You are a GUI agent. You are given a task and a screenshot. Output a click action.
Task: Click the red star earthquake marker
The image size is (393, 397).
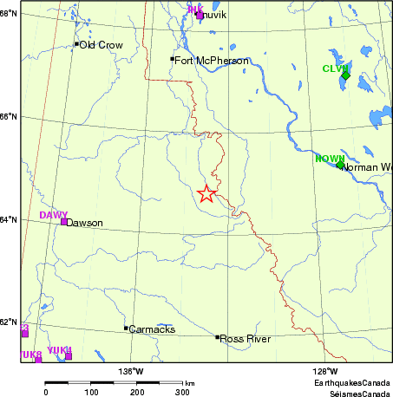coord(206,194)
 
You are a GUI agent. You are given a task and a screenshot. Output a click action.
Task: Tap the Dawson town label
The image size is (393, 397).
coord(84,223)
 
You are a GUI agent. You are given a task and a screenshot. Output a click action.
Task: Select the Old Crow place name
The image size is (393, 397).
coord(101,44)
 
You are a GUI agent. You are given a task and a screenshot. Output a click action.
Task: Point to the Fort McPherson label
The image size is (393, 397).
coord(211,61)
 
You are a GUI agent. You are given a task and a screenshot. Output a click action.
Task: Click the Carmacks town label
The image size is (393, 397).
coord(151,330)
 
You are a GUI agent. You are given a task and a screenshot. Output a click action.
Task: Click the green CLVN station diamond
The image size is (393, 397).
coord(345,75)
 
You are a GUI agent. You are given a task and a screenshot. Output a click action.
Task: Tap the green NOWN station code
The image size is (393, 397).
coord(330,157)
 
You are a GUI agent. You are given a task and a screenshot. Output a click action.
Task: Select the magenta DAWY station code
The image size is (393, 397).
coord(53,214)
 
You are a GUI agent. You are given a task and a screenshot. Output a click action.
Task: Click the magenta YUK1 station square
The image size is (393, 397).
coord(68,356)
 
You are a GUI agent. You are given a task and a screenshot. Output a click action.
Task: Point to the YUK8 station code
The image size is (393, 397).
coord(30,355)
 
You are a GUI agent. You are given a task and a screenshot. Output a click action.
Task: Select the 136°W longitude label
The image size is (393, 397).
coord(131,371)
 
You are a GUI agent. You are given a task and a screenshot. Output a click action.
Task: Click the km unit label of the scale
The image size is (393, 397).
coord(189,382)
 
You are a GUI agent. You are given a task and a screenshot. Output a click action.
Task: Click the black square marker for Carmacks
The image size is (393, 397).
coord(126,328)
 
